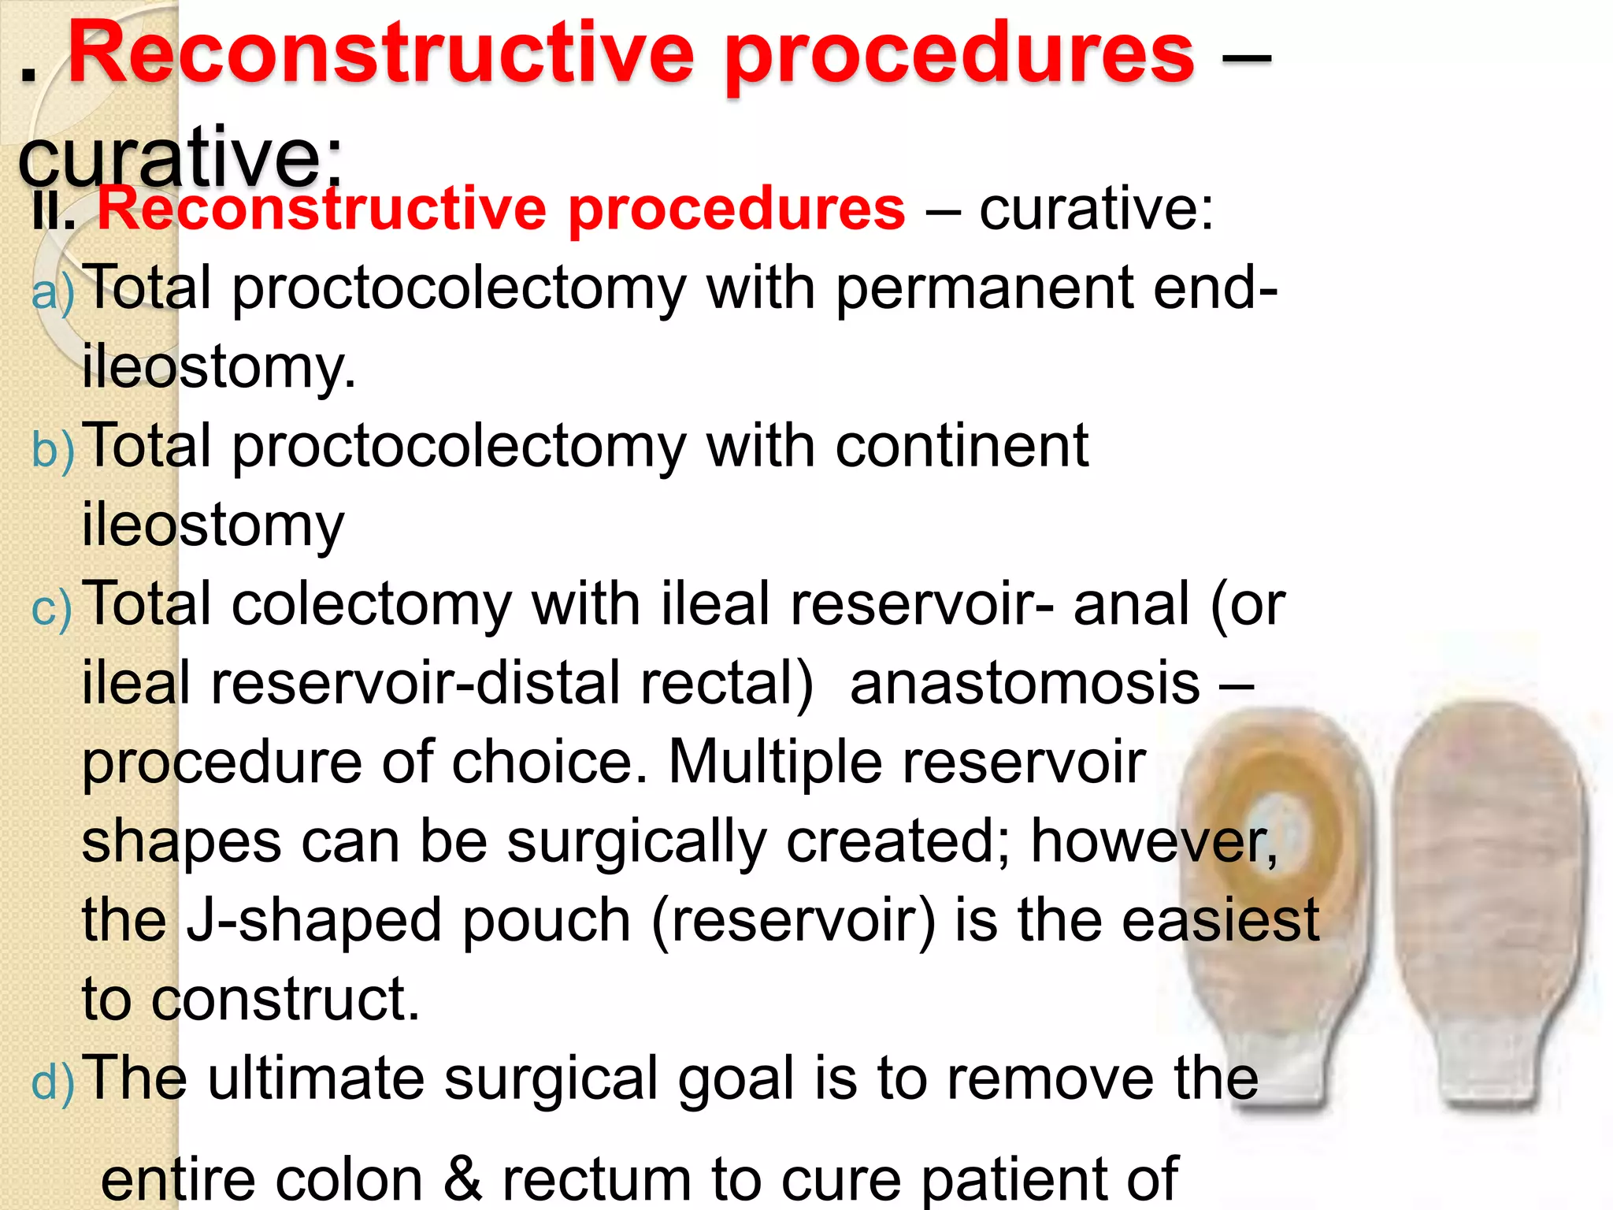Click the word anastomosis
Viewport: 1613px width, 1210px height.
click(x=1025, y=683)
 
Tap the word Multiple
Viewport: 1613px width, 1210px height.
click(x=775, y=762)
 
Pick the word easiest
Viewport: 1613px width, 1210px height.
click(x=1220, y=920)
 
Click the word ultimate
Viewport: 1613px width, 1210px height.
click(x=316, y=1078)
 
